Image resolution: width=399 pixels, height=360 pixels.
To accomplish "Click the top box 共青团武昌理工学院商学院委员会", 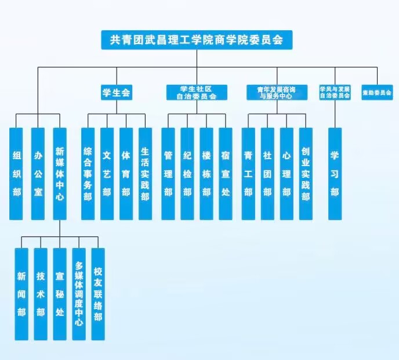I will tap(197, 39).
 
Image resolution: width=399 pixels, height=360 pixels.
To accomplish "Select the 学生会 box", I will tap(116, 92).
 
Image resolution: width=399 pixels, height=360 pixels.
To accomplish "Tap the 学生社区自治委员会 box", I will tap(197, 92).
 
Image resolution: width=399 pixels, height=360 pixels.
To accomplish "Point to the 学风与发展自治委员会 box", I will tap(335, 92).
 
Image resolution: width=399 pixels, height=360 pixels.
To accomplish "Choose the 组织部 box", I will tap(16, 174).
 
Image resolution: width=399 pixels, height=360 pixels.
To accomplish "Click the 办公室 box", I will tap(38, 174).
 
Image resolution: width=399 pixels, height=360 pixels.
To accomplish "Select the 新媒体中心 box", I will tap(60, 174).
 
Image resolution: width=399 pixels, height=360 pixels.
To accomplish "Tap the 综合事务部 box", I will tap(88, 174).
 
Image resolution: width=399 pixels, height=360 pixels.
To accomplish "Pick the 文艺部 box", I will tap(107, 174).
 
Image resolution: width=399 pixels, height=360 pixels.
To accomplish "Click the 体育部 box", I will tap(126, 174).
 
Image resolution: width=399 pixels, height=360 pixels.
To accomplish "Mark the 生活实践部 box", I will tap(145, 174).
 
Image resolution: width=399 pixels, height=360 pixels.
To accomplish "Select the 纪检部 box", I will tap(187, 174).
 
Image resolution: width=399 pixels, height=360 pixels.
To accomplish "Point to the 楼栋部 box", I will tap(206, 174).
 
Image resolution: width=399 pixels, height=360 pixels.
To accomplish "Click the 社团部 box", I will tap(267, 174).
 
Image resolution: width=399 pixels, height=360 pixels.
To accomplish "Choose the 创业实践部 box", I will tap(306, 174).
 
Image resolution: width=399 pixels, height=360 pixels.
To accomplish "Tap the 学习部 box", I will tap(335, 174).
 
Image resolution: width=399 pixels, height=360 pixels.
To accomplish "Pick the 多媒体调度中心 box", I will tap(79, 294).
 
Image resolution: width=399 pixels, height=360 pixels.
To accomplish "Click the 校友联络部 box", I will tap(98, 294).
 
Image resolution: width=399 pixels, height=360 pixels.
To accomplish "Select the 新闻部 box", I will tap(21, 294).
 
